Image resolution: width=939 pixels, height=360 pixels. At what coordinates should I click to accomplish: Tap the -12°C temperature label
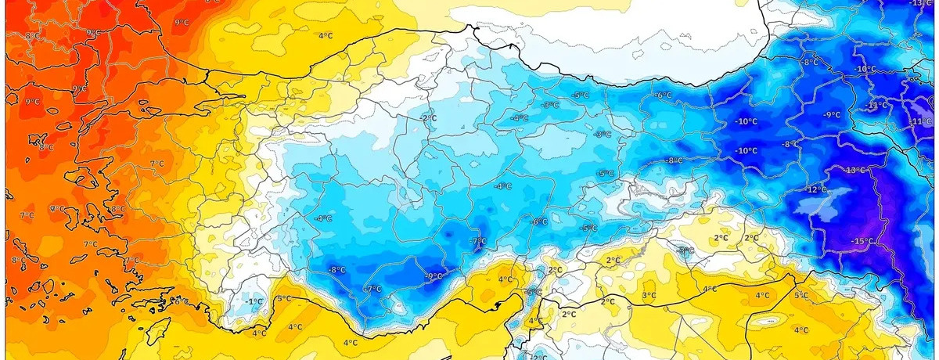tap(815, 190)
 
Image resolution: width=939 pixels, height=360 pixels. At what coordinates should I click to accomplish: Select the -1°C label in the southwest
tap(253, 302)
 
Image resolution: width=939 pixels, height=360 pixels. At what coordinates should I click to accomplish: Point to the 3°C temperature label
tap(649, 295)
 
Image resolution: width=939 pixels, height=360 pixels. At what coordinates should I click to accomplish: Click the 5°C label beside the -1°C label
tap(284, 299)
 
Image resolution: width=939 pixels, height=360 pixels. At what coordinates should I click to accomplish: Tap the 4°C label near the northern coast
tap(326, 36)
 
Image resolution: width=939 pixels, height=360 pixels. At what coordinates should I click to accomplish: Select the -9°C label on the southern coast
tap(434, 276)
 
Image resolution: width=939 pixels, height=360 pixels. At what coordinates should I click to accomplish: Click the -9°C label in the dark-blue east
tap(831, 115)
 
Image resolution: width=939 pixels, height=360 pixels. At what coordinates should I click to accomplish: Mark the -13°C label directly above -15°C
tap(854, 170)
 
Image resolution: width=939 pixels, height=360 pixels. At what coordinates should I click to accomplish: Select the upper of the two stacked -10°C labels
tap(747, 121)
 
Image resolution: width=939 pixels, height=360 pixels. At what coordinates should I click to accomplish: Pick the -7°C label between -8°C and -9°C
tap(372, 289)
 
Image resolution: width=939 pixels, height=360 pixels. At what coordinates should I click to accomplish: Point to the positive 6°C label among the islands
tap(179, 301)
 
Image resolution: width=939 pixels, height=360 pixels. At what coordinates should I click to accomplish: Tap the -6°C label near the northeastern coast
tap(664, 95)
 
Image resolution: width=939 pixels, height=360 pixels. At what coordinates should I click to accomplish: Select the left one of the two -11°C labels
tap(876, 105)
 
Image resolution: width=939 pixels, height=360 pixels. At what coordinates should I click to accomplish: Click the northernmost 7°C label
tap(156, 164)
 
